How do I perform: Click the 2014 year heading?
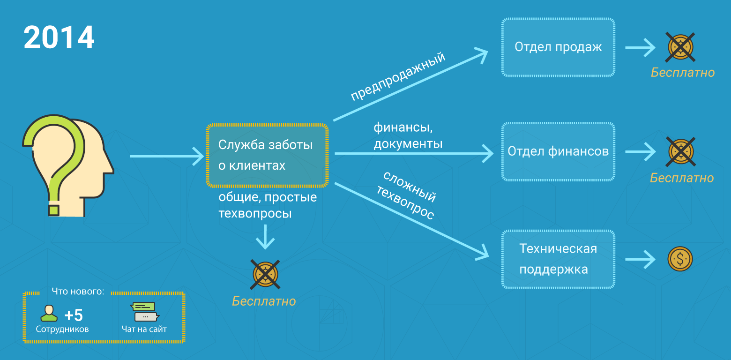59,37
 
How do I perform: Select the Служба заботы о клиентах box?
267,155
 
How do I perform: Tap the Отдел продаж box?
558,47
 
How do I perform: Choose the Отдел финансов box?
558,151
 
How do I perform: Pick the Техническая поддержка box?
558,259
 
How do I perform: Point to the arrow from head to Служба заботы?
166,156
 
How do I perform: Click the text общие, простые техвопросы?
268,205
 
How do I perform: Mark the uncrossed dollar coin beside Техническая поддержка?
680,259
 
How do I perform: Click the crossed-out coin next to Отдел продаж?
680,47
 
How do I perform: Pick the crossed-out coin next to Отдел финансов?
680,151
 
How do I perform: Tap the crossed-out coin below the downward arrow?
266,274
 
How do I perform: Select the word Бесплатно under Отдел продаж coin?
683,73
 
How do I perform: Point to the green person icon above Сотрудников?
48,313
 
